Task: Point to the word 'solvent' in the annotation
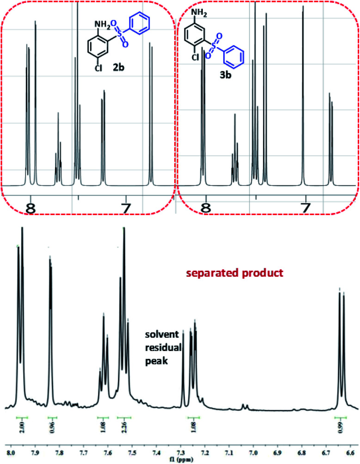click(159, 334)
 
